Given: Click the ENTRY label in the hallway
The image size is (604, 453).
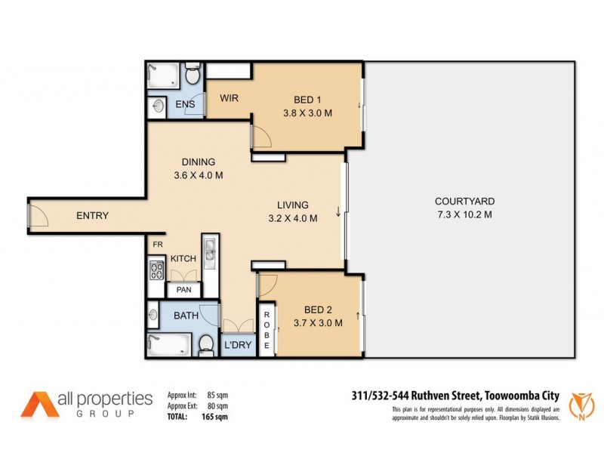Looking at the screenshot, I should [x=93, y=216].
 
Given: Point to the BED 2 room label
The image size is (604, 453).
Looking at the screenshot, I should [x=318, y=310].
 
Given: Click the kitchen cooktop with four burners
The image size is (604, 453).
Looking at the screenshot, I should [x=157, y=270].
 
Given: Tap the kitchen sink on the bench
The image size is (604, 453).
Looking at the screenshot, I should [x=209, y=249].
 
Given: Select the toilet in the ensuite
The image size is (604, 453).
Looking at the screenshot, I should [x=193, y=76].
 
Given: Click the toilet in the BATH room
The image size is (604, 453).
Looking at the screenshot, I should [x=205, y=344].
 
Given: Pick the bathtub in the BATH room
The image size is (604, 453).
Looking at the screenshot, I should [x=168, y=344].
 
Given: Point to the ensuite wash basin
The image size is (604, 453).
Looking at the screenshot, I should [x=158, y=106].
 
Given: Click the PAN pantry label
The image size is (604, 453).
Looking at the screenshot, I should [x=183, y=289].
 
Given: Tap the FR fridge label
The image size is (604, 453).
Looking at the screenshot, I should [x=158, y=245].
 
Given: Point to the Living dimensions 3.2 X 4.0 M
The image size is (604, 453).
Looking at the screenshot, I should [x=292, y=218].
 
